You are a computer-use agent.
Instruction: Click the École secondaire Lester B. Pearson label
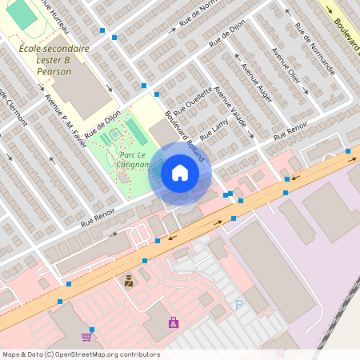tap(54, 60)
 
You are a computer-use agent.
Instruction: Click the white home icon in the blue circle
tap(180, 173)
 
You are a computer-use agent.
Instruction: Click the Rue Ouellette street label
tap(192, 99)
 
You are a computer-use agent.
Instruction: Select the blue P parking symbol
tap(238, 305)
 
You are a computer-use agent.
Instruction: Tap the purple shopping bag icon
tap(174, 322)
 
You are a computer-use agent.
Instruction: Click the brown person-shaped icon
tap(128, 281)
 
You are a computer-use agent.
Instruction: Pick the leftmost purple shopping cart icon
tap(86, 337)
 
